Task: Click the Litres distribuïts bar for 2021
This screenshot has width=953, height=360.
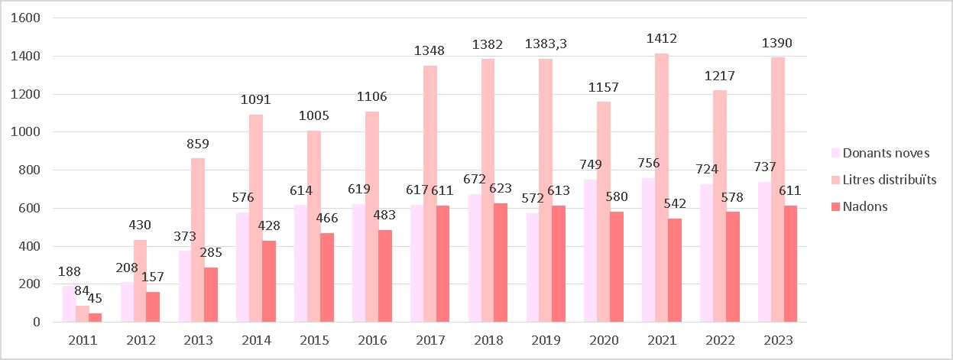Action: click(x=662, y=187)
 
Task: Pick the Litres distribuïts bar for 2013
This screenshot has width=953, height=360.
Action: click(x=198, y=240)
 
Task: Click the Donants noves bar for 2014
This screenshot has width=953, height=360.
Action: click(x=244, y=267)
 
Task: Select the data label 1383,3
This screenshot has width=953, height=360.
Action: click(x=546, y=45)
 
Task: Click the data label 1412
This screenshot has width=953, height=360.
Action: click(x=661, y=39)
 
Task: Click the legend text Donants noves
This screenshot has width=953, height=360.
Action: click(x=886, y=153)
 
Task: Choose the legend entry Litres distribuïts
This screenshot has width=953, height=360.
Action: click(x=889, y=180)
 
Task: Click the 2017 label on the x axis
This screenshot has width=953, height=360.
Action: click(x=430, y=340)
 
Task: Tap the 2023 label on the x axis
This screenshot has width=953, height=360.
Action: click(x=777, y=340)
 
